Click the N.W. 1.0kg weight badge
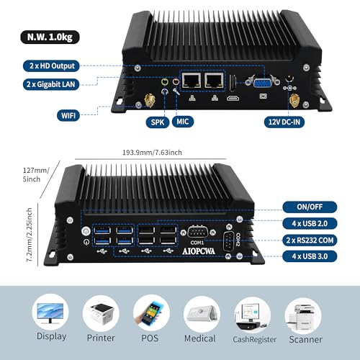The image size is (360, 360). coord(50,37)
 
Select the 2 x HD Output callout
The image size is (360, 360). coord(51,66)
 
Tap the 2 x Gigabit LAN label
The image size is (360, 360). coord(51,84)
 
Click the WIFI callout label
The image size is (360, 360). coord(68,115)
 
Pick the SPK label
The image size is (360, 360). coord(158,122)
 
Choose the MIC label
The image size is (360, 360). coord(183,122)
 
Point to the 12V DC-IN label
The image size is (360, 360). coord(284,122)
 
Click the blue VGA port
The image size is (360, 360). coord(263,83)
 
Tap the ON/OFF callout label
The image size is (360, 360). coord(310,207)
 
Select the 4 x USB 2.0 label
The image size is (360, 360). coord(310,223)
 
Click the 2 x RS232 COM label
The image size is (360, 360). coord(310,240)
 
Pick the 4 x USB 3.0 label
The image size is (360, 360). coord(310,256)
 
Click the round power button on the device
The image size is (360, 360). coord(86,231)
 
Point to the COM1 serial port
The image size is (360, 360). coord(197,232)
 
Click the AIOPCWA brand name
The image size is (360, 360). coord(199,251)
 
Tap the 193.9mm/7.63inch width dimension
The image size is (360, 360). coord(152,153)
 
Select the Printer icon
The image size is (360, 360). coord(101,314)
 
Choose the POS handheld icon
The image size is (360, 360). coord(151,313)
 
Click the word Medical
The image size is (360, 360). coord(200,338)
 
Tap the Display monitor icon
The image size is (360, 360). coord(50,312)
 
